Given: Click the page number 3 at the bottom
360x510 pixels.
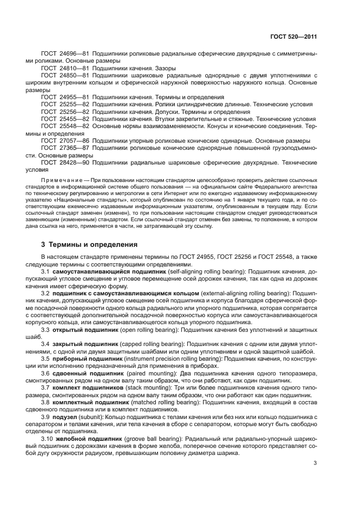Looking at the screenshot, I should click(x=315, y=464).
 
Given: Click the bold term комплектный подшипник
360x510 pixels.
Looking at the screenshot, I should click(x=89, y=402).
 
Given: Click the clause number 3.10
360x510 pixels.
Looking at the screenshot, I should click(x=47, y=438).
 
